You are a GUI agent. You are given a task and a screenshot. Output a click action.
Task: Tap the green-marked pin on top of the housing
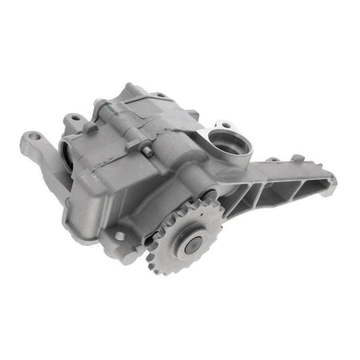coord(106,107)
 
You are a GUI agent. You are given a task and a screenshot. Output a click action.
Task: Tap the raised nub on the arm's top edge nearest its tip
coord(296,159)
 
